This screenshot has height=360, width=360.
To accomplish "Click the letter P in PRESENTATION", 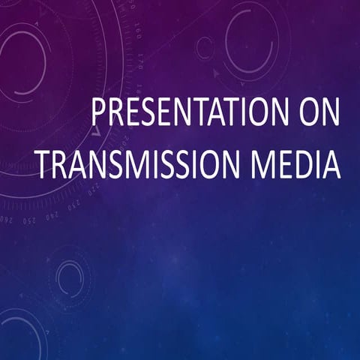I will [98, 114].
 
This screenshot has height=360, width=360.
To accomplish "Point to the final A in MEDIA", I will [331, 163].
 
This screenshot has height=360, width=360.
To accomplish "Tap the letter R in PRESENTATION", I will [115, 114].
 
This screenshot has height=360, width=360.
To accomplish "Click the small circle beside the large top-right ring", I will [205, 48].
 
